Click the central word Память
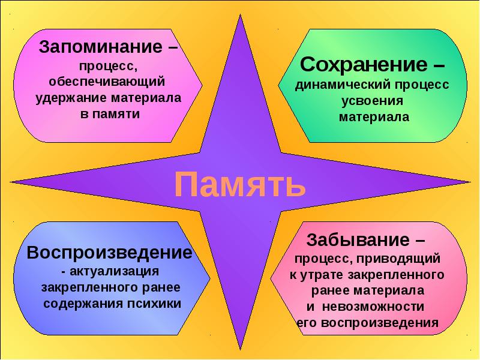[x=240, y=185]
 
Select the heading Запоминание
[x=101, y=47]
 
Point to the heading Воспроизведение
[x=110, y=253]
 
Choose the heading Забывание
[x=358, y=239]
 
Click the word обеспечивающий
[x=107, y=82]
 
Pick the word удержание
[x=71, y=98]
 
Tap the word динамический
[x=343, y=85]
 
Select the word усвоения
[x=372, y=101]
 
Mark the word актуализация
[x=114, y=272]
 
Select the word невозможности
[x=373, y=307]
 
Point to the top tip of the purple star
[x=240, y=14]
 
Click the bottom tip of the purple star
[x=241, y=350]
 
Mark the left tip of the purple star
[x=11, y=182]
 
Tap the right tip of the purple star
[x=470, y=182]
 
